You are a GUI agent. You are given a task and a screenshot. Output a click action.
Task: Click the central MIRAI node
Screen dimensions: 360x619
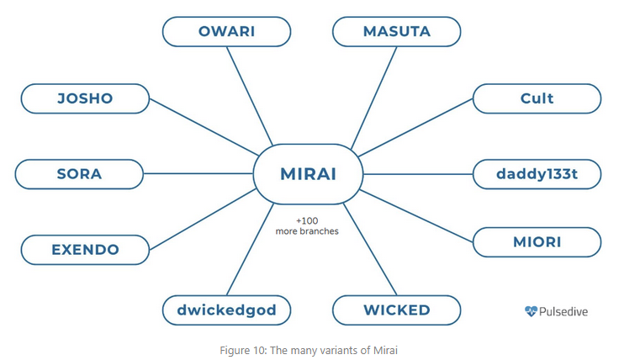click(309, 174)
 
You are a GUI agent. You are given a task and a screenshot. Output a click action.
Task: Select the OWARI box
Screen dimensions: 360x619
click(226, 32)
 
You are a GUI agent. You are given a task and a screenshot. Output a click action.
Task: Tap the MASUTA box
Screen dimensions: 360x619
click(396, 32)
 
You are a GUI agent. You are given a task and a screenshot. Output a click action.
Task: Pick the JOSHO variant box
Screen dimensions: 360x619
click(84, 98)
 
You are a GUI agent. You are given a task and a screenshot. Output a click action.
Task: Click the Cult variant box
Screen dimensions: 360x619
click(537, 98)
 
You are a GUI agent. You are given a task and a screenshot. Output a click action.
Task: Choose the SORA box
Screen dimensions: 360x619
click(79, 174)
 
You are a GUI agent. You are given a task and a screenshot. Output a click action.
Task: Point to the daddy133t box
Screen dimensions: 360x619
click(537, 174)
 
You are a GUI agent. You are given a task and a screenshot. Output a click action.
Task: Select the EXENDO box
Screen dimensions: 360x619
click(85, 249)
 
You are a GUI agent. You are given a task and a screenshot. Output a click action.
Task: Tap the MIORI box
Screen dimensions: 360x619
click(537, 242)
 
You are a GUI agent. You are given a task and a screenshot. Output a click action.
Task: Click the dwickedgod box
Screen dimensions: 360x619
click(226, 310)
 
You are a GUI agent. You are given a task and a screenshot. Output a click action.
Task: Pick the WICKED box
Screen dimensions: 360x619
click(396, 310)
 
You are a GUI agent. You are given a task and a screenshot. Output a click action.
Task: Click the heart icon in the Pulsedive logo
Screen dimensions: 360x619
click(530, 311)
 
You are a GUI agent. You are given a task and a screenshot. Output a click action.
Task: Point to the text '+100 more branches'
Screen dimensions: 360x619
click(307, 225)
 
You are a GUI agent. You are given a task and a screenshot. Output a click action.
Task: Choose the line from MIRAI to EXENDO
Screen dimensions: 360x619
click(202, 220)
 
